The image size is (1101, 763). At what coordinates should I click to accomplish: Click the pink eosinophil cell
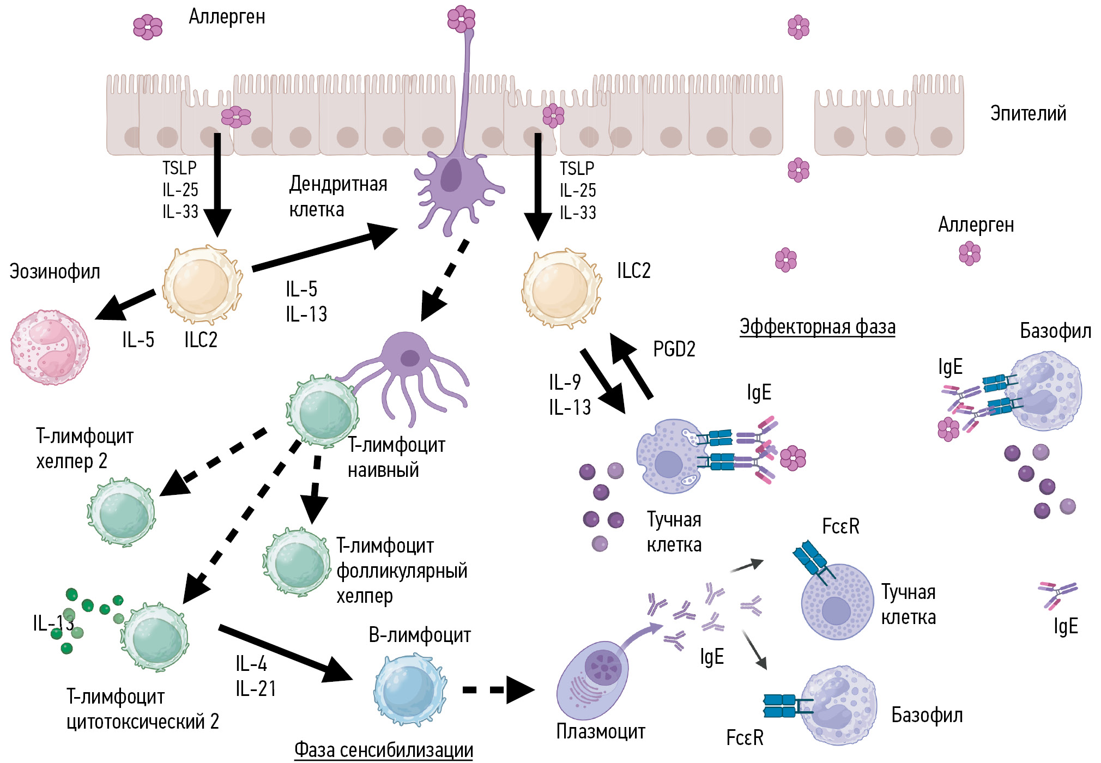(50, 348)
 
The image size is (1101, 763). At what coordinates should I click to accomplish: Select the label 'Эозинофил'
(55, 271)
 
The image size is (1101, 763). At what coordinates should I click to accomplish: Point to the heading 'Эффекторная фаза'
(817, 327)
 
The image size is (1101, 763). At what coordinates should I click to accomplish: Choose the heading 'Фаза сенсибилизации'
(383, 750)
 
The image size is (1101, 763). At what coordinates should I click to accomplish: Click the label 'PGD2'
(674, 349)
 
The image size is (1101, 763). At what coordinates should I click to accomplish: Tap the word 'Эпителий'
(1028, 113)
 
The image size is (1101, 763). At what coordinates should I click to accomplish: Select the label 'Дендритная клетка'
(338, 196)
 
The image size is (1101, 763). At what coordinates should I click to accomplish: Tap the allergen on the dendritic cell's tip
(461, 19)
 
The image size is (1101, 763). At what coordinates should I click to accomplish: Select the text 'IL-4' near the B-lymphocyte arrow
(251, 664)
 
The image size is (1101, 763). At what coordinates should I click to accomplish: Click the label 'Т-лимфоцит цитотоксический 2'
(142, 708)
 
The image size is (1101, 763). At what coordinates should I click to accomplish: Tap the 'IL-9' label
(565, 382)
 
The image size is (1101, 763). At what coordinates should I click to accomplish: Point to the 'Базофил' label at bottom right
(927, 715)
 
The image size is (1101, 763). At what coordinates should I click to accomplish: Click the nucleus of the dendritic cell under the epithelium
(451, 175)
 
